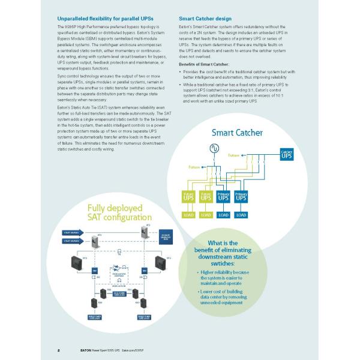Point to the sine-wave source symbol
coord(212,148)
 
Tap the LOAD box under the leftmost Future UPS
coord(187,214)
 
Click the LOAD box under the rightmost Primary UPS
coord(242,214)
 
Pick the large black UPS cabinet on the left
coord(77,263)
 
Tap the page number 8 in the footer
coord(58,348)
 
